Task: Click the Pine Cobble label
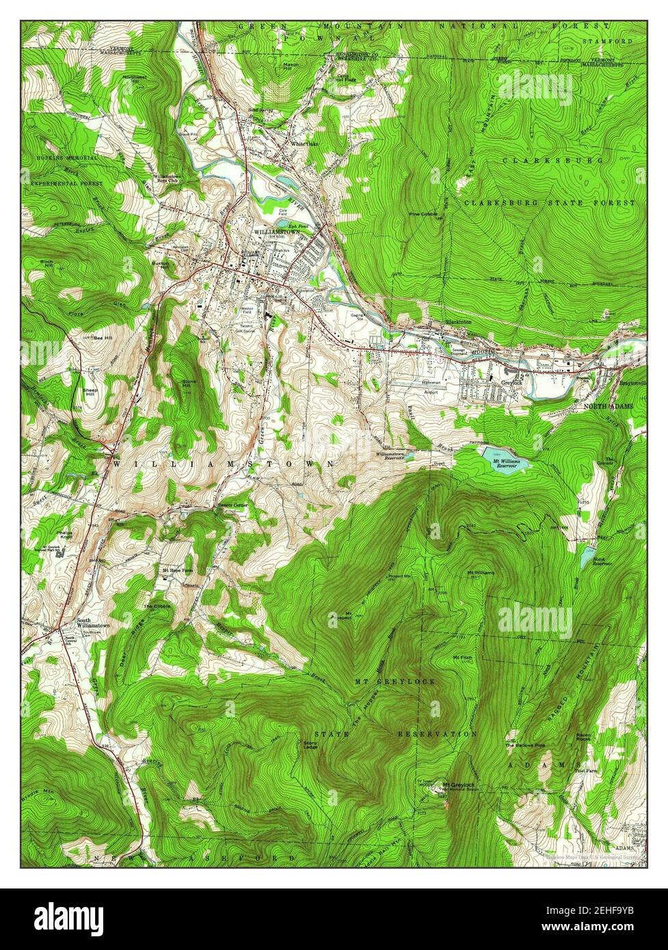pyautogui.click(x=423, y=214)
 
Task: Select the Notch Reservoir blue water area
pyautogui.click(x=585, y=557)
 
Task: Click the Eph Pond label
pyautogui.click(x=297, y=226)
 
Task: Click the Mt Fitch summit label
pyautogui.click(x=463, y=657)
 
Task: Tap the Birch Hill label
pyautogui.click(x=47, y=264)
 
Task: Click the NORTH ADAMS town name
pyautogui.click(x=608, y=406)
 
